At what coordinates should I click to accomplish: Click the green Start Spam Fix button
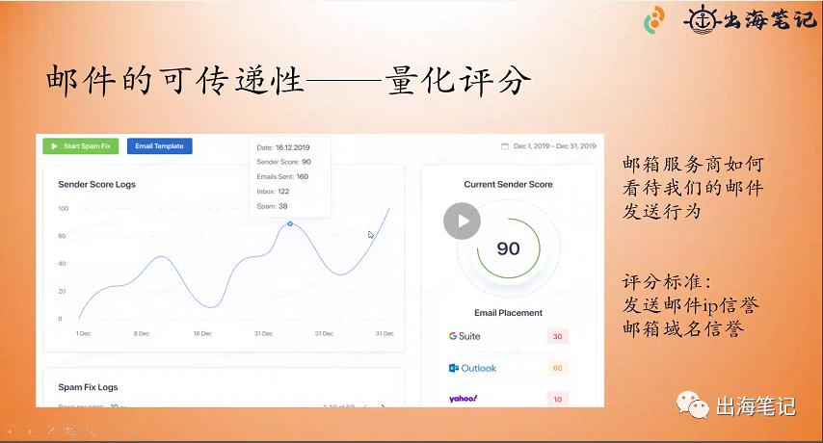80,146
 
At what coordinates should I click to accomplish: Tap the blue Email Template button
159,146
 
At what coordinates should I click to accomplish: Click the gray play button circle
462,221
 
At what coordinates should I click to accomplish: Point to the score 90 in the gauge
508,248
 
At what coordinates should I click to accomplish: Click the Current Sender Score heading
508,184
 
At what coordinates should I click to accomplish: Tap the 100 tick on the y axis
63,208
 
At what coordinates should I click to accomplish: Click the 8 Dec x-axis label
142,333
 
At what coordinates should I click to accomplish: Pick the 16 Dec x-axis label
202,333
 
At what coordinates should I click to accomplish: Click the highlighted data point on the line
290,223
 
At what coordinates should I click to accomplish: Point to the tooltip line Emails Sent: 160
282,176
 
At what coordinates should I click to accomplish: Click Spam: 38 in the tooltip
272,206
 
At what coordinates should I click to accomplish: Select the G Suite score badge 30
557,336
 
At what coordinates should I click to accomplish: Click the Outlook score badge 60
557,368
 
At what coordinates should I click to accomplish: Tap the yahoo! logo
464,398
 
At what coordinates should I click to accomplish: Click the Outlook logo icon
454,368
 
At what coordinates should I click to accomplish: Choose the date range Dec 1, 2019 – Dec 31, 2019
548,146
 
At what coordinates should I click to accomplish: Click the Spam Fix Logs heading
88,387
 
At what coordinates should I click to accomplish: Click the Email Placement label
508,313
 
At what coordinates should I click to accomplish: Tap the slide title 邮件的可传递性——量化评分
289,81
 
